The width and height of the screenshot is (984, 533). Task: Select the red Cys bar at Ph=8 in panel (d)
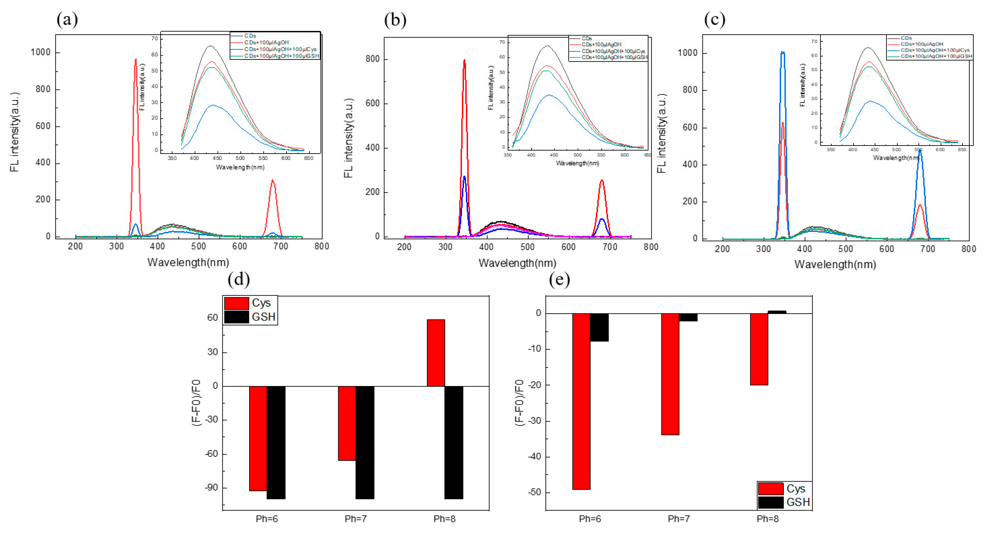[x=436, y=353]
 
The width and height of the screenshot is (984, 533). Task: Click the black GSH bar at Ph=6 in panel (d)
[x=276, y=443]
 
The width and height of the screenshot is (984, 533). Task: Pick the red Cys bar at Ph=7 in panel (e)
[x=670, y=374]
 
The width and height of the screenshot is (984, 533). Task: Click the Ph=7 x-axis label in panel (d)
[x=356, y=519]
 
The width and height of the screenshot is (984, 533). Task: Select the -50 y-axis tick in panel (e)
[x=534, y=492]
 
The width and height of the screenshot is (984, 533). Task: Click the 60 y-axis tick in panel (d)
[x=212, y=317]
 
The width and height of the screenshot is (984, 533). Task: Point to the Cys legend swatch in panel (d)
[x=237, y=303]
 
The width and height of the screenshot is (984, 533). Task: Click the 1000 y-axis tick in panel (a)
[x=41, y=52]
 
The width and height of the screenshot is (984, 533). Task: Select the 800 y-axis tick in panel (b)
[x=373, y=59]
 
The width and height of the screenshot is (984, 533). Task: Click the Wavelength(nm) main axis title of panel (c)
[x=835, y=265]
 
